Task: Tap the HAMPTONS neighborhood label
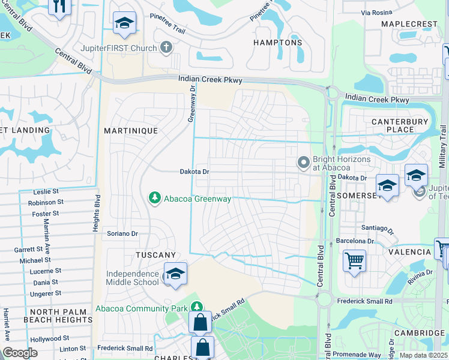(x=277, y=43)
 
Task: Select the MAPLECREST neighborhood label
(x=409, y=24)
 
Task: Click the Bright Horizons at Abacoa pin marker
(x=304, y=162)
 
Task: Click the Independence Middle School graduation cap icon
(x=175, y=274)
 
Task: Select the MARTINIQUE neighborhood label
(x=131, y=130)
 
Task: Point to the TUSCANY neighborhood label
(x=155, y=255)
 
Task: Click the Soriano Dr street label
(x=122, y=233)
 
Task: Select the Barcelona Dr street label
(x=355, y=241)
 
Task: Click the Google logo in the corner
(x=20, y=353)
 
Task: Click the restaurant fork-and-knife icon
(x=59, y=5)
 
